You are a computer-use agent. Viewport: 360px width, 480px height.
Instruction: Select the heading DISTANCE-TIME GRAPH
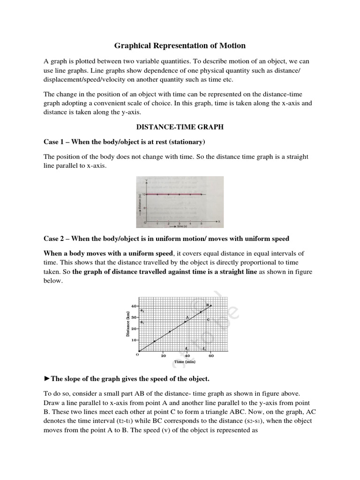[180, 127]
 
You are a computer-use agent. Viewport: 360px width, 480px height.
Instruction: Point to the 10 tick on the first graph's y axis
[145, 194]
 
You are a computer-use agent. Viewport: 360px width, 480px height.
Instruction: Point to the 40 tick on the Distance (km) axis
[133, 306]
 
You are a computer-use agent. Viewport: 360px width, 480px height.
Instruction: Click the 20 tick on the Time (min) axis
[163, 356]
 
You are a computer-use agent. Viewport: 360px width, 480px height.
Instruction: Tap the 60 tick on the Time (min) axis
[211, 356]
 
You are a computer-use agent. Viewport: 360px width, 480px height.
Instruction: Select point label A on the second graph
[187, 317]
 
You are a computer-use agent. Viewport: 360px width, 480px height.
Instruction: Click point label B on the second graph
[208, 305]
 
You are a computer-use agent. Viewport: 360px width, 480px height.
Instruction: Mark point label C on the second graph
[208, 319]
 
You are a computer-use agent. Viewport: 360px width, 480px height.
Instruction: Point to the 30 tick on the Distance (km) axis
[133, 317]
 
